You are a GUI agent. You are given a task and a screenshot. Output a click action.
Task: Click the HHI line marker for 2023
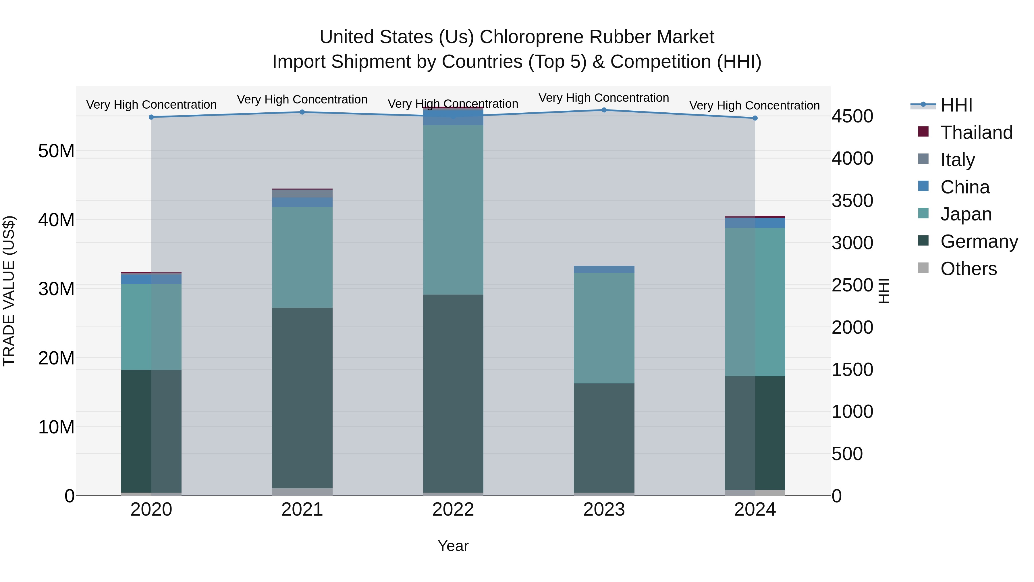(604, 110)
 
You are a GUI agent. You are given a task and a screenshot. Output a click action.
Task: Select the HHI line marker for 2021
(302, 112)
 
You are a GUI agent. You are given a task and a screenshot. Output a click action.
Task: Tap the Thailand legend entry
(976, 132)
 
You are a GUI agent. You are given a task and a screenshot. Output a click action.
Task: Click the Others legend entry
(968, 269)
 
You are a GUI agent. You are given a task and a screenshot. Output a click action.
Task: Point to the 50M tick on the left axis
(56, 151)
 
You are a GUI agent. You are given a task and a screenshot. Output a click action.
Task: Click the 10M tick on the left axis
(56, 427)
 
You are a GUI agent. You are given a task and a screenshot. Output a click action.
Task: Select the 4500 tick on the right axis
(852, 116)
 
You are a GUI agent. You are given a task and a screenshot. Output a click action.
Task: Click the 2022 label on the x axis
(453, 510)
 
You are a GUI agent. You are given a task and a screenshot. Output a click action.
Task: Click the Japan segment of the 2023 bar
(604, 328)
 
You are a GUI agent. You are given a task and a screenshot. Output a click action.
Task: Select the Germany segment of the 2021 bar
(302, 398)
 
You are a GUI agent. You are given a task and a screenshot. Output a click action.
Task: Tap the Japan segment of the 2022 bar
(453, 210)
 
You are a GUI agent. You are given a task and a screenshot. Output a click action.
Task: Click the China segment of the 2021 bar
(302, 202)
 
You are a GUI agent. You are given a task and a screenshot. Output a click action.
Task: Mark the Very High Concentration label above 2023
(604, 98)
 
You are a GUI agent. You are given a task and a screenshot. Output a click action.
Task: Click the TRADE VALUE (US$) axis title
(9, 291)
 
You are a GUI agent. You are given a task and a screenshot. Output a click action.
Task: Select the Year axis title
(453, 546)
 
